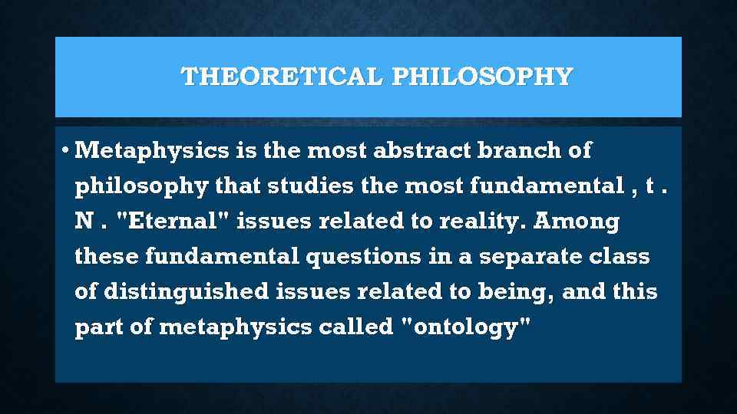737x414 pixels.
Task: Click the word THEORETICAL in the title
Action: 281,77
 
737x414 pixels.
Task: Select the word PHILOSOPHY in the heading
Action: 482,77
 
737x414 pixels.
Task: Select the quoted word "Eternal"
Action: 173,222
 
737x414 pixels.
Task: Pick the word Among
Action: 577,222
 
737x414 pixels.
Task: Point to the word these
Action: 107,257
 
